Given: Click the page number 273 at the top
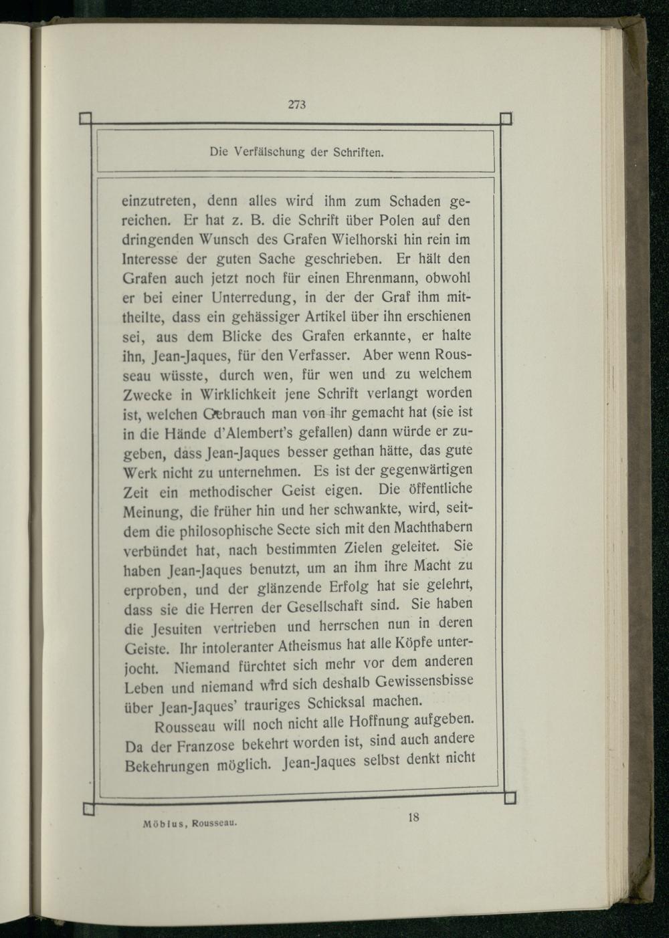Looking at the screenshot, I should [297, 104].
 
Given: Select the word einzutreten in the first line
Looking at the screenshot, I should [157, 201].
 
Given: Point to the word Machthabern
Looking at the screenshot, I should [435, 527].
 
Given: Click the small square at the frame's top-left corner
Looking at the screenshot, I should [85, 120].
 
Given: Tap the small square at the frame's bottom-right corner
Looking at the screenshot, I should [510, 798].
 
